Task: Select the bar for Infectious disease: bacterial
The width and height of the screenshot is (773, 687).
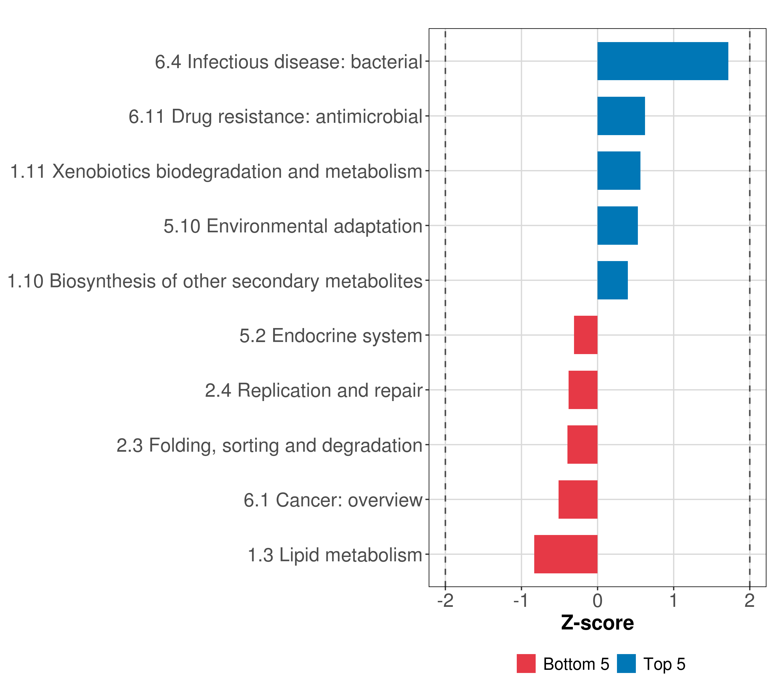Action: tap(662, 61)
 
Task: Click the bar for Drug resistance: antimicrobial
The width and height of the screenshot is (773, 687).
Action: tap(621, 116)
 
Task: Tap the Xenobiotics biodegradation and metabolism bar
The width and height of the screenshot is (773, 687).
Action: tap(619, 171)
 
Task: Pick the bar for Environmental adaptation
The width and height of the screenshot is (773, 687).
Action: tap(617, 226)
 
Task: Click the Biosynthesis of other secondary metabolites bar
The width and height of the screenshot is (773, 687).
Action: tap(612, 280)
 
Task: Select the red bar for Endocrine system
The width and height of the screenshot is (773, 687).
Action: tap(585, 335)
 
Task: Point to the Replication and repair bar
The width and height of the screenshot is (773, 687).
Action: tap(583, 390)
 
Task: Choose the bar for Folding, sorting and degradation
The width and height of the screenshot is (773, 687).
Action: tap(582, 445)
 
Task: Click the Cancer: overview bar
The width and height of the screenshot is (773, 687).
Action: tap(578, 500)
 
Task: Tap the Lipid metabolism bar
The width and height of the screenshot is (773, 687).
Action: tap(566, 554)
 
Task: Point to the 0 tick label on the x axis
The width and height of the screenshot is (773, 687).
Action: tap(598, 601)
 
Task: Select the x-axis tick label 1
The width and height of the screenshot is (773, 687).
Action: tap(673, 601)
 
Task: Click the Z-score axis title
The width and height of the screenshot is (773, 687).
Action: tap(598, 623)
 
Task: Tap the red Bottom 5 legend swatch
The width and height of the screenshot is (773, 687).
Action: tap(526, 664)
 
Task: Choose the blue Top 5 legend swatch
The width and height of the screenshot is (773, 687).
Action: tap(626, 664)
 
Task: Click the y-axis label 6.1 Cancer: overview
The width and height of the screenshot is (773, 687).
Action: tap(333, 500)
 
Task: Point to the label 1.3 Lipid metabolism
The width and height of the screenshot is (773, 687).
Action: tap(335, 555)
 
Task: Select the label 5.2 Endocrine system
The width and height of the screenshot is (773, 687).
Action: tap(331, 336)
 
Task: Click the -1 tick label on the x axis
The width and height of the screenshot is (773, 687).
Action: tap(521, 601)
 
